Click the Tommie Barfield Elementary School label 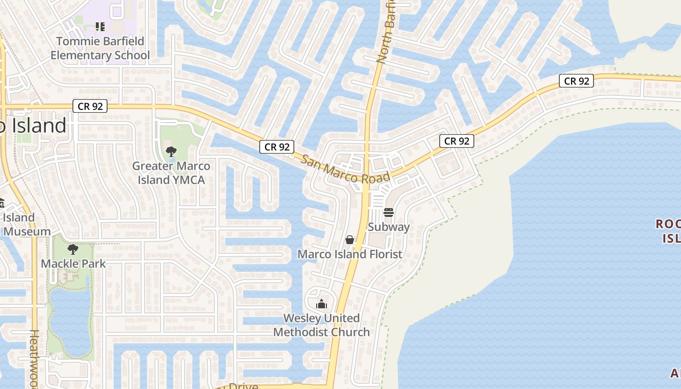click(100, 48)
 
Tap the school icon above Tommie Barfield click(100, 26)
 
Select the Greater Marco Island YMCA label click(171, 173)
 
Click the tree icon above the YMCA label click(171, 152)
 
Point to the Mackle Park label click(73, 264)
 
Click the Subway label click(389, 227)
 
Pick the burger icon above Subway click(388, 212)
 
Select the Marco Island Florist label click(350, 254)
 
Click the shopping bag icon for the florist click(349, 240)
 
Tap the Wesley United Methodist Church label click(322, 325)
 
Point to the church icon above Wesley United click(321, 304)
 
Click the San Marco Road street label click(345, 170)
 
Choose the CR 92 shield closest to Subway click(457, 141)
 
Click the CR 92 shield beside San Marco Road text click(277, 147)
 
